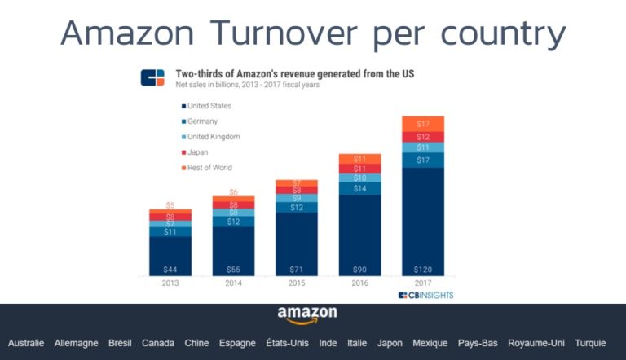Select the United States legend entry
208,106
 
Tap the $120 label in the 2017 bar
422,269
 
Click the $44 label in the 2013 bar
170,269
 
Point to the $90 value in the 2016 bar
359,269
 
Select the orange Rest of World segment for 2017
422,124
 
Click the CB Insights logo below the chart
425,295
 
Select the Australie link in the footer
26,344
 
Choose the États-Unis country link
288,344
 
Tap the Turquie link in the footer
590,344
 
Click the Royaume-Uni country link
536,344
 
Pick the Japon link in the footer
390,344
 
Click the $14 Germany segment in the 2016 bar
359,188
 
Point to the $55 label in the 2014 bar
233,269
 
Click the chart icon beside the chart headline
152,78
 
